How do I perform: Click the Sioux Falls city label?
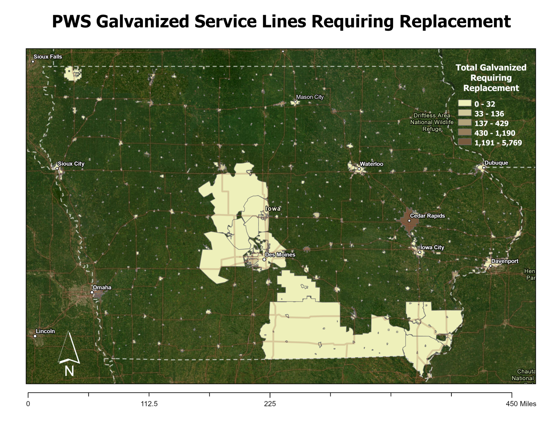coord(48,57)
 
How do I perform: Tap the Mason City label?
coord(310,97)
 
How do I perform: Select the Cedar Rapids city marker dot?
coord(409,220)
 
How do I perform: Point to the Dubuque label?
coord(496,163)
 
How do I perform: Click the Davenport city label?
coord(505,261)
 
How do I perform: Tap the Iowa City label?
coord(432,248)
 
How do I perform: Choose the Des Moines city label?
coord(280,255)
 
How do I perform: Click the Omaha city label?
coord(102,288)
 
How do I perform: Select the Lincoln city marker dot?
coord(35,336)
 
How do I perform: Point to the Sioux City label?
coord(71,164)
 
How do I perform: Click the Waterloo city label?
coord(371,164)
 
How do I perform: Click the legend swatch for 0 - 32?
coord(465,104)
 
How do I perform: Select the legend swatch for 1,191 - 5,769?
coord(465,143)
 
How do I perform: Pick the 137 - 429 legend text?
coord(491,123)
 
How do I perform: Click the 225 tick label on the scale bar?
coord(270,404)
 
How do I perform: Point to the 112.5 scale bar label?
coord(149,404)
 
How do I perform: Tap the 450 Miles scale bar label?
coord(521,404)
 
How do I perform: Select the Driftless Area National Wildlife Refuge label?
coord(432,122)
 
